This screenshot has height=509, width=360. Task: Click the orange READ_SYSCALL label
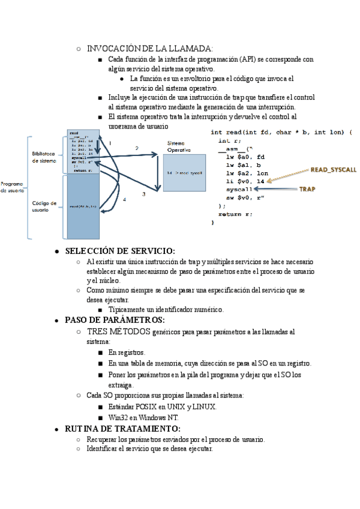click(330, 170)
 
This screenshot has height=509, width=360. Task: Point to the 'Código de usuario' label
click(44, 206)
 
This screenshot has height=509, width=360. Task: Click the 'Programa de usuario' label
click(11, 187)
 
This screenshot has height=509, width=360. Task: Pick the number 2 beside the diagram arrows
click(137, 148)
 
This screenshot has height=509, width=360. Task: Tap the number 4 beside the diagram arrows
click(124, 199)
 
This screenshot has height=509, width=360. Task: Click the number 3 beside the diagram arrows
click(143, 194)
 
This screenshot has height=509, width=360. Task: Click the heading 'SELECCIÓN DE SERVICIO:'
click(120, 251)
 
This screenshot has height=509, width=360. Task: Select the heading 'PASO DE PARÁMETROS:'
click(115, 319)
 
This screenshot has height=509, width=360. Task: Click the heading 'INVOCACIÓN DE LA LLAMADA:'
click(149, 48)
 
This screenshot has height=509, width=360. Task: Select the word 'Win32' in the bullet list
click(118, 417)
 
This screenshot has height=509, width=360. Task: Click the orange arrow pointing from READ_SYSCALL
click(288, 175)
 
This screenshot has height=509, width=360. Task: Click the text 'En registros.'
click(127, 352)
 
